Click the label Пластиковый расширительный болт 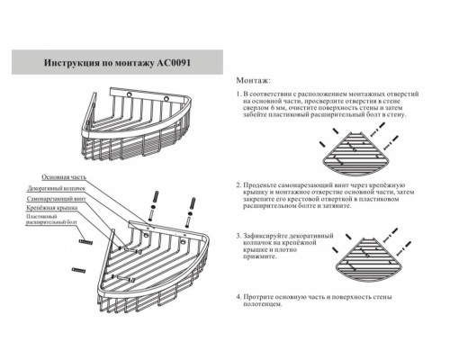pyautogui.click(x=57, y=220)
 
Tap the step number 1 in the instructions pyautogui.click(x=238, y=93)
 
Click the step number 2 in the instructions pyautogui.click(x=238, y=182)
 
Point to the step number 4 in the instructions pyautogui.click(x=238, y=295)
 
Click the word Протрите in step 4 pyautogui.click(x=259, y=295)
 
